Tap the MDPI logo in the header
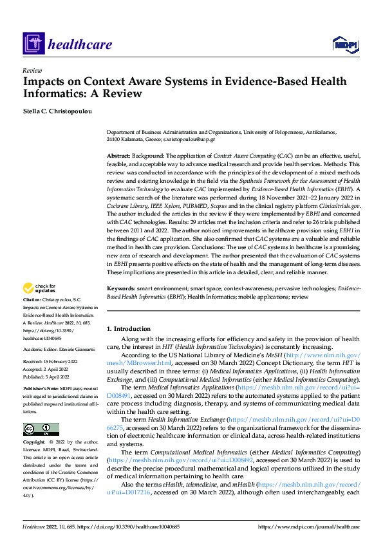345,44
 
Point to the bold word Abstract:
118,156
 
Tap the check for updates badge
39,288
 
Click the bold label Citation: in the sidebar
33,301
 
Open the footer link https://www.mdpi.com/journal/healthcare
309,527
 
